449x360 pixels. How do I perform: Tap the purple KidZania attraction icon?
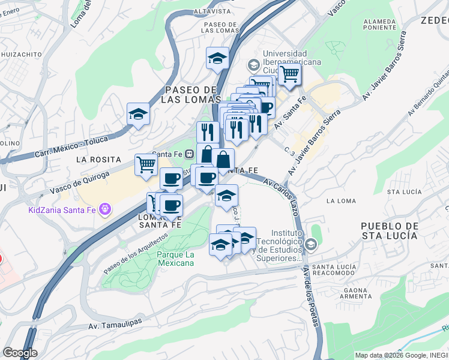point(106,209)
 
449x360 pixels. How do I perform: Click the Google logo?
point(20,353)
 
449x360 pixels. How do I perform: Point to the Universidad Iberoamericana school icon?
point(253,65)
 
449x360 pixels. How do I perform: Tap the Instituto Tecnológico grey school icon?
point(310,244)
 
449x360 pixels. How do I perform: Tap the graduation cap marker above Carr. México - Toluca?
point(138,113)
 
